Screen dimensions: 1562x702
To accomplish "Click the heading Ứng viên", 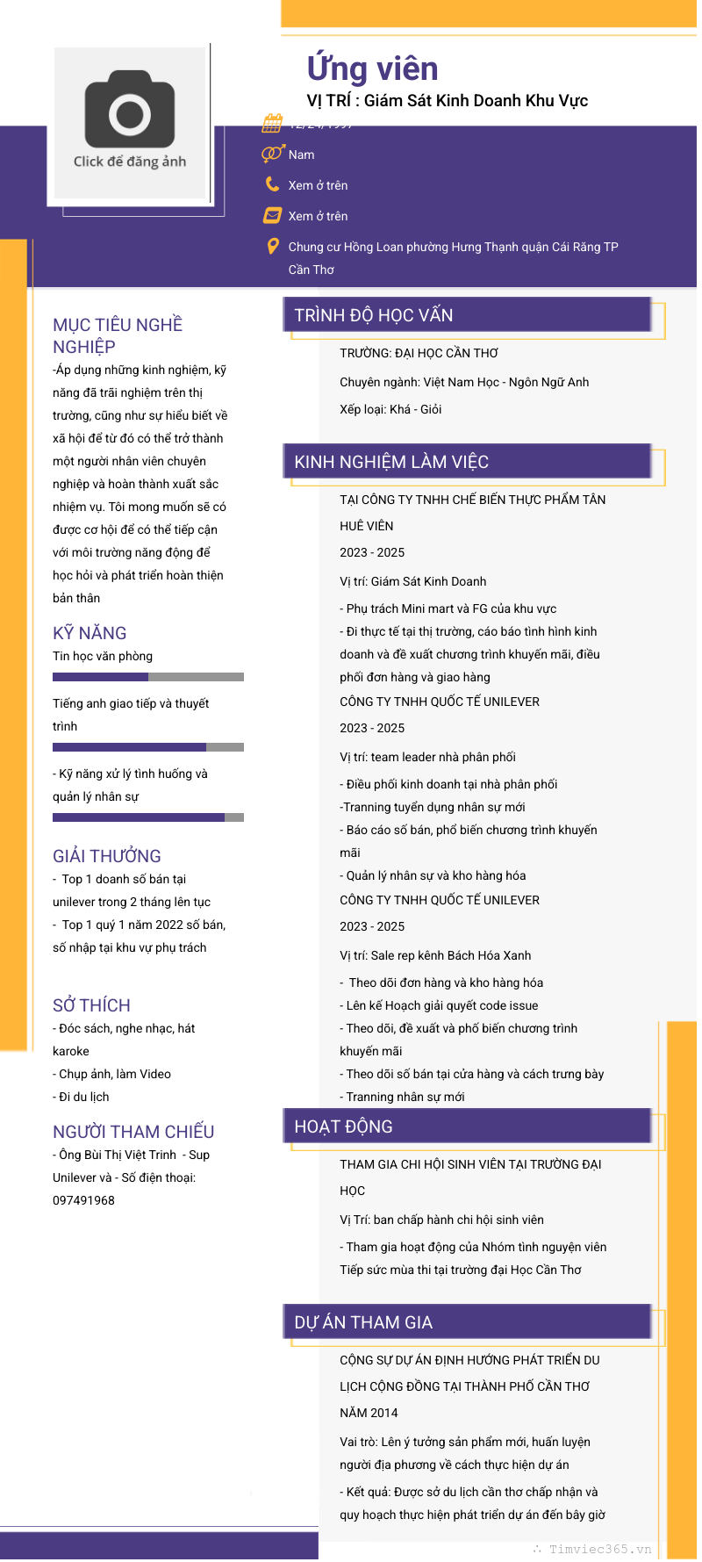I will coord(372,68).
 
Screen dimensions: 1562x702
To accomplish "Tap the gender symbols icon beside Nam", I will coord(272,155).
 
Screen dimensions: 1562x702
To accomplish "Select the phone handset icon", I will coord(273,184).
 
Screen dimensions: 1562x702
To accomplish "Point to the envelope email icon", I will coord(273,215).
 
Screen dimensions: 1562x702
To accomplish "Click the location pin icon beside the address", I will coord(273,247).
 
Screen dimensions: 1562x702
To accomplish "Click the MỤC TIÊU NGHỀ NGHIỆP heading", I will coord(118,335).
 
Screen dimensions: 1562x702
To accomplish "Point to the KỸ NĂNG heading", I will coord(90,633).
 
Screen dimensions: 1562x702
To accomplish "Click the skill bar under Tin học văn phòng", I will coord(148,677).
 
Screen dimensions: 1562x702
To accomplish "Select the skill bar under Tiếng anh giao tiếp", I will coord(148,747).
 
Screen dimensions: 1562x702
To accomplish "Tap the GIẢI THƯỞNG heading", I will coord(107,856).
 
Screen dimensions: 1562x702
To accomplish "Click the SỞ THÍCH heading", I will coord(91,1005).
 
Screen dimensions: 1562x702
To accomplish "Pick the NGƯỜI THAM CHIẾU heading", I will coord(133,1132).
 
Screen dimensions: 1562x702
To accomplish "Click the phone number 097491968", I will coord(83,1200).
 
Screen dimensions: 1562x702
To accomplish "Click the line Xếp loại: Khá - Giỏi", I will coord(390,409).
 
